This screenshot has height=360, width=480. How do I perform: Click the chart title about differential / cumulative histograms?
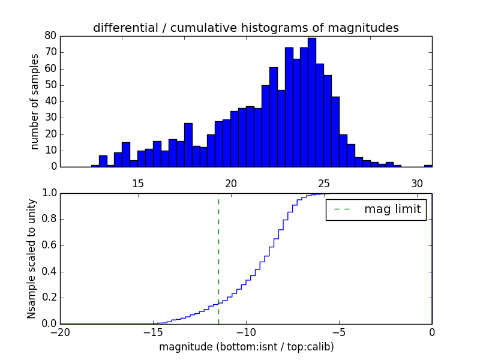click(245, 28)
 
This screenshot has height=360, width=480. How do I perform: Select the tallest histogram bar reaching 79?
click(312, 102)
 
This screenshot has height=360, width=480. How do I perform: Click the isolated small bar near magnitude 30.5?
click(428, 166)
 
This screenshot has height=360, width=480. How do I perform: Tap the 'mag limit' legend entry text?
click(392, 209)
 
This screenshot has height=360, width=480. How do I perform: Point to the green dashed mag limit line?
click(218, 258)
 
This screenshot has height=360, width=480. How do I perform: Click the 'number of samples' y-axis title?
click(35, 101)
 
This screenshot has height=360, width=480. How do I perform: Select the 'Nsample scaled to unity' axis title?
click(31, 259)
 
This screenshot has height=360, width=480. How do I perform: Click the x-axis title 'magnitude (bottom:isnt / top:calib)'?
click(246, 347)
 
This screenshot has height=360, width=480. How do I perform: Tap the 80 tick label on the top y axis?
click(50, 36)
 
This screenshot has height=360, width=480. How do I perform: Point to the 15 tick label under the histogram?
click(137, 183)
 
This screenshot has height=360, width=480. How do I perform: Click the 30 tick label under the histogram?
click(417, 183)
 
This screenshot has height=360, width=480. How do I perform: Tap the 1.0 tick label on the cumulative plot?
click(48, 193)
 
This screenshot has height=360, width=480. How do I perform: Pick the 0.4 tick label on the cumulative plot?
click(48, 272)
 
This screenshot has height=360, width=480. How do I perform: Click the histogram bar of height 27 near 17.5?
click(188, 145)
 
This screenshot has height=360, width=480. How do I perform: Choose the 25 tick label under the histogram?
click(324, 183)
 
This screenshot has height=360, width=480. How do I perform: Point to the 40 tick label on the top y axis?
click(50, 101)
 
